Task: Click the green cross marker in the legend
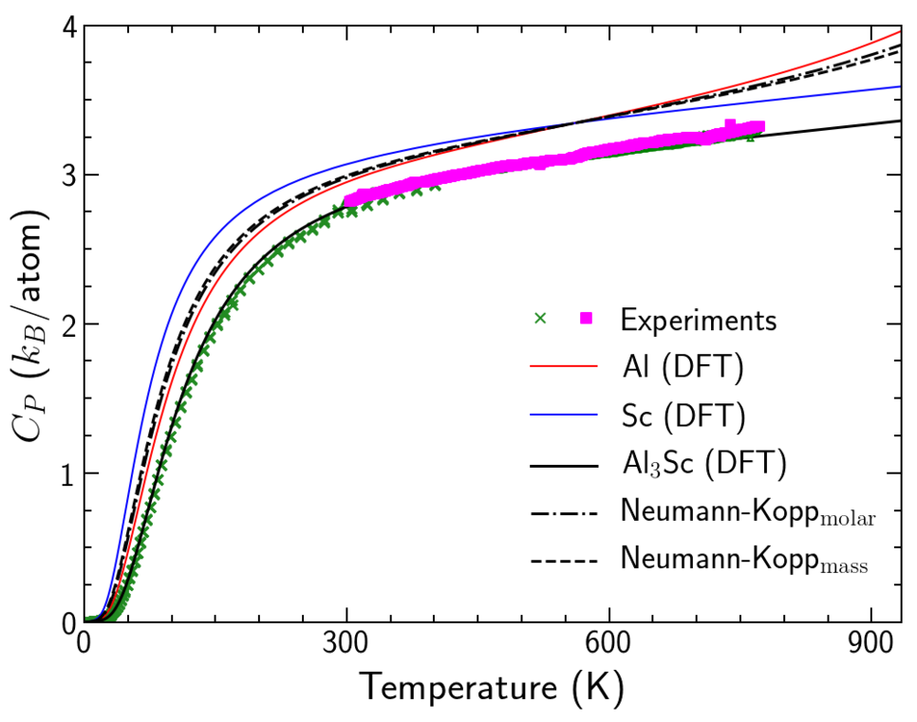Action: click(540, 319)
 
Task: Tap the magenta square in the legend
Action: click(587, 319)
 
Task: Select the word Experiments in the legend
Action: click(698, 321)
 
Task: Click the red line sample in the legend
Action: click(564, 367)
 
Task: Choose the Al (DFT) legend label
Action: click(683, 368)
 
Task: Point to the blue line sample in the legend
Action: click(564, 416)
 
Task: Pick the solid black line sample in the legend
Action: click(564, 465)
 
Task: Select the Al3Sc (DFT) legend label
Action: click(704, 464)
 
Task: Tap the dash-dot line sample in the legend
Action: click(564, 513)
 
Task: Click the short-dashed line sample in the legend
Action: click(564, 562)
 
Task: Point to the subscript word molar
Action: click(847, 519)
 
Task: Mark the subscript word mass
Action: click(844, 567)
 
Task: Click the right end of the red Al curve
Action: click(898, 32)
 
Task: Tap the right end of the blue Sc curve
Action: click(898, 86)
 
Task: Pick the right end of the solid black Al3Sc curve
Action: click(898, 120)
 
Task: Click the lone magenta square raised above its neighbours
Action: click(730, 125)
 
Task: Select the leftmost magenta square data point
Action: click(349, 201)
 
